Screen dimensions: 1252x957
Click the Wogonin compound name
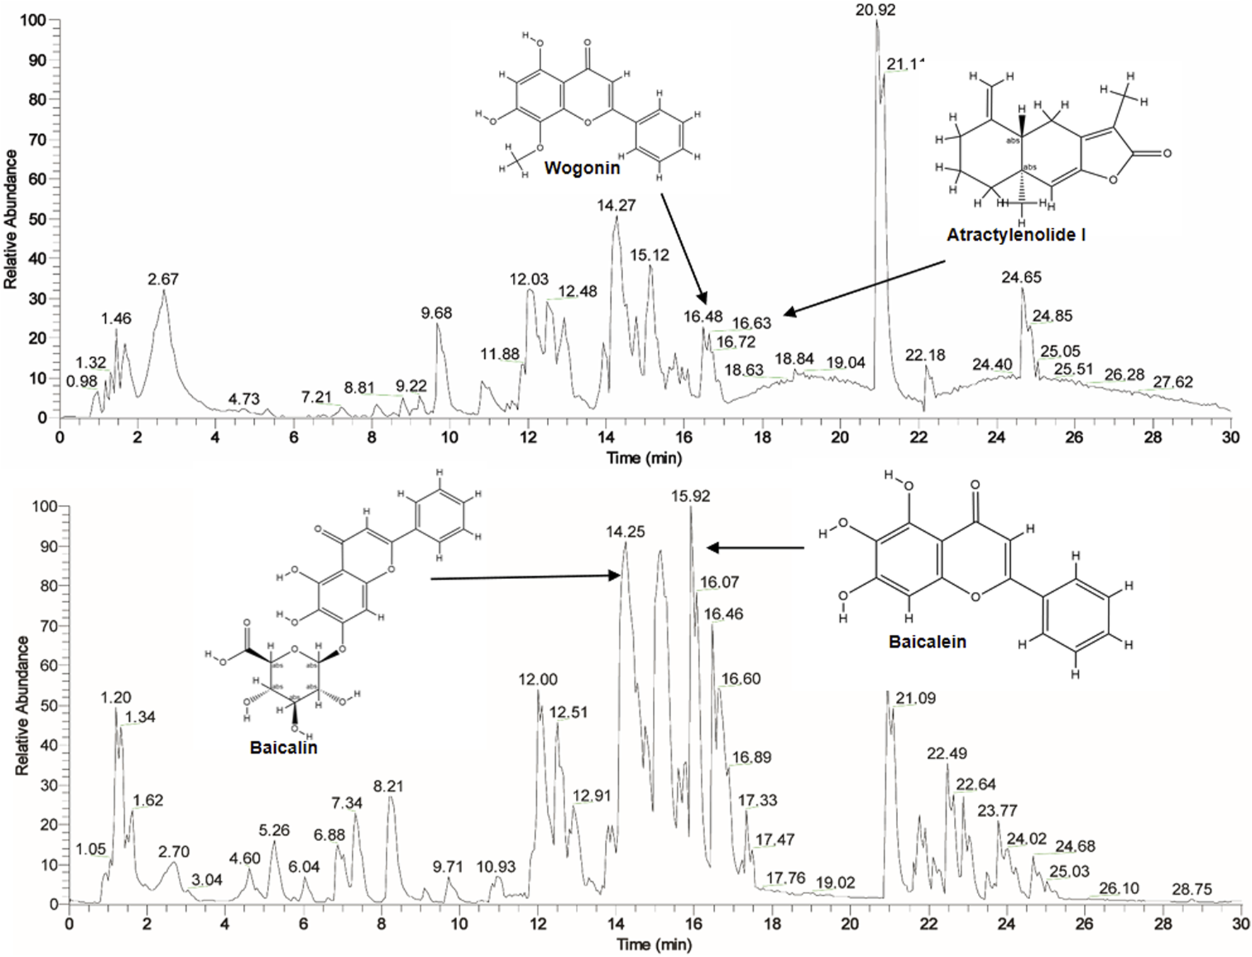click(581, 168)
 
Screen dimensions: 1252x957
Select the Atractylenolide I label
click(1016, 234)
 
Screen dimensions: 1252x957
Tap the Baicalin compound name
click(283, 747)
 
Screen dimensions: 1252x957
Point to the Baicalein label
click(927, 641)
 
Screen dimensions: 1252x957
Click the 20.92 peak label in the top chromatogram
click(875, 11)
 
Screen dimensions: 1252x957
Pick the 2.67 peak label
click(163, 279)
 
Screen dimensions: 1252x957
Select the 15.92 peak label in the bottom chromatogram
click(691, 497)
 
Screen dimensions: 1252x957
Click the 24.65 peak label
click(1021, 278)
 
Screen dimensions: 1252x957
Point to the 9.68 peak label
click(437, 313)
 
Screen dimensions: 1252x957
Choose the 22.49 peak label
click(947, 754)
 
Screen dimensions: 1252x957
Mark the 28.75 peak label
click(1191, 890)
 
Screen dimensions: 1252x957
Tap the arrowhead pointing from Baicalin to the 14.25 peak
click(616, 576)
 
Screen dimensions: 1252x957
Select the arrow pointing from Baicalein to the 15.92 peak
click(756, 547)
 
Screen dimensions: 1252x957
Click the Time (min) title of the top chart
click(644, 458)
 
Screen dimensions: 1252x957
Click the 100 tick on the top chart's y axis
click(34, 21)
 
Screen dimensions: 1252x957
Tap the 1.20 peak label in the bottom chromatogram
click(116, 698)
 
